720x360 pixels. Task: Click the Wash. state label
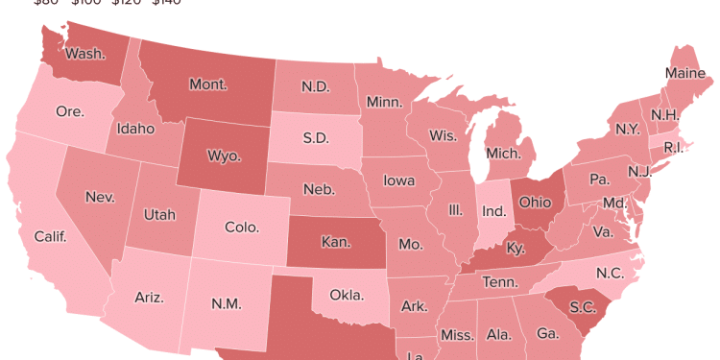[84, 54]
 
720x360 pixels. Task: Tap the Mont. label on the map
[207, 84]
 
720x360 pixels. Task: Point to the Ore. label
[69, 111]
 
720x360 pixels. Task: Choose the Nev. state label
[100, 197]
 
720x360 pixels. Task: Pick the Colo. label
[241, 228]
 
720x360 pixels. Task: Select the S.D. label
[316, 137]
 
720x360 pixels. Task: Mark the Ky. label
[516, 249]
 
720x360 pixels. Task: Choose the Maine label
[685, 73]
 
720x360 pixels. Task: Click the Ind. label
[492, 210]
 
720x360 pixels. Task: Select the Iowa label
[398, 180]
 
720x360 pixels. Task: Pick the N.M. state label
[227, 304]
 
